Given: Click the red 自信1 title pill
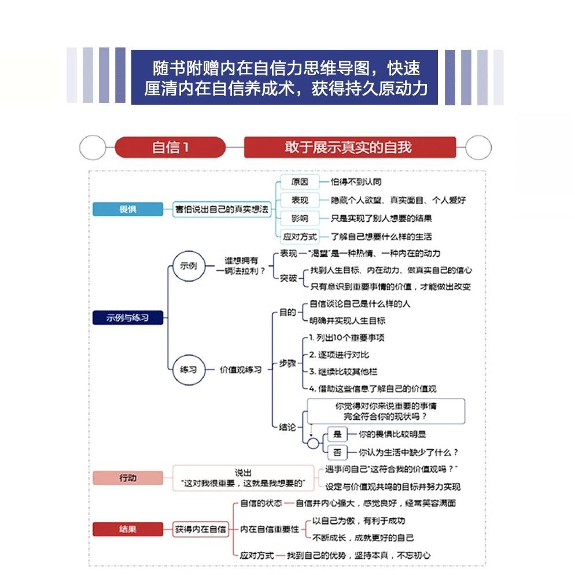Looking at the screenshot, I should click(x=169, y=147).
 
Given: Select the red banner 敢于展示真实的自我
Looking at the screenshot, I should click(x=349, y=147).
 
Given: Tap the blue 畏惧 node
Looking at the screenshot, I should click(x=128, y=209).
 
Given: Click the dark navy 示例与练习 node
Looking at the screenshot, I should click(x=128, y=317).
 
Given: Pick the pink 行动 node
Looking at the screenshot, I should click(x=128, y=478).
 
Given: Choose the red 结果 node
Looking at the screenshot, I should click(x=128, y=529).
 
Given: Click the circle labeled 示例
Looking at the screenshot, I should click(x=189, y=266).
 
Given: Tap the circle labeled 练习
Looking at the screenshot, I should click(x=189, y=369).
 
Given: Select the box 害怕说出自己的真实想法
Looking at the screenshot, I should click(x=223, y=210).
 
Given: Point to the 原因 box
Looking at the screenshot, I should click(x=300, y=182).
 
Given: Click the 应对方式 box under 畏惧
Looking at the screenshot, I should click(x=300, y=237).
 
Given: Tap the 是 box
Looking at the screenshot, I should click(x=337, y=434).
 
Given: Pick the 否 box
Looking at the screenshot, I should click(x=337, y=452).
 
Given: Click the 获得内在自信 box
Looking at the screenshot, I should click(x=201, y=529).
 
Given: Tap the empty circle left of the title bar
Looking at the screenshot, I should click(x=92, y=148).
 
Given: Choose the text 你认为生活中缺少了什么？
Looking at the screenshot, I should click(x=408, y=452).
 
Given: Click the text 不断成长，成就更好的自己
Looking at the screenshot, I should click(x=363, y=537).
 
